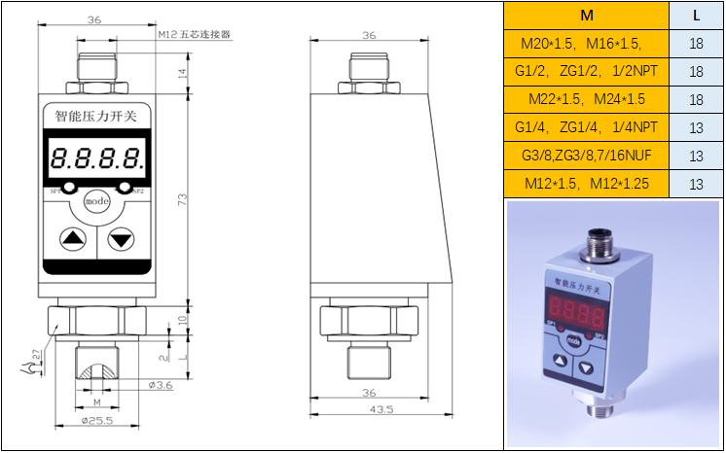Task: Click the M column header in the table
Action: pos(586,16)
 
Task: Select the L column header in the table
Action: pos(696,16)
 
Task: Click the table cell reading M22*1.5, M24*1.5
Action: pos(586,100)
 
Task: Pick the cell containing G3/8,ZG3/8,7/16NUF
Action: pos(586,156)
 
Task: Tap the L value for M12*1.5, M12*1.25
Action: pos(696,184)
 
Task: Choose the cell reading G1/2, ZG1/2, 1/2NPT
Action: pos(586,72)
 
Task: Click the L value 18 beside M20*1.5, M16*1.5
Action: pos(696,44)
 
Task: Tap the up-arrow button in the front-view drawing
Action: pos(72,237)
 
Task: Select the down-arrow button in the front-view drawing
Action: pos(122,237)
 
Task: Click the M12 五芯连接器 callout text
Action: pos(194,34)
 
